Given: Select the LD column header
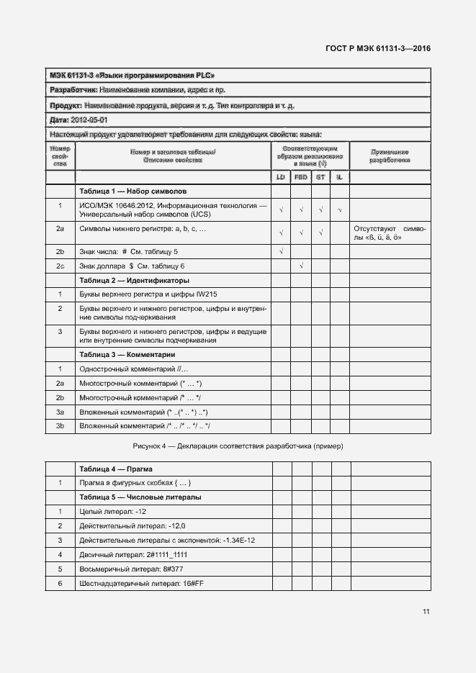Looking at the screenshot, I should (x=281, y=176).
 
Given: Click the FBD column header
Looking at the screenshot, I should (x=301, y=176).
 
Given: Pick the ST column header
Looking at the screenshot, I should (x=320, y=176).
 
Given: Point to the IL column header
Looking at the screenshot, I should (x=339, y=176).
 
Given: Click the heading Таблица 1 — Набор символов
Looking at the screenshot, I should (x=133, y=192).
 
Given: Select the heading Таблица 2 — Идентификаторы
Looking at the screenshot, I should (x=135, y=280).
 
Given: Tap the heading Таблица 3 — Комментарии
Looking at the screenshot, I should (x=127, y=355).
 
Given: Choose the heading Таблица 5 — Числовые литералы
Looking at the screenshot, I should (x=140, y=497).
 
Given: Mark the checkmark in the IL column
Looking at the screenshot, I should (x=339, y=210).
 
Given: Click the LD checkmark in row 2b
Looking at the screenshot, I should (x=281, y=251).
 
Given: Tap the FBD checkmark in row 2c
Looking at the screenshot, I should (x=301, y=266).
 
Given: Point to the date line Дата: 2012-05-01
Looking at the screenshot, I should (x=78, y=119).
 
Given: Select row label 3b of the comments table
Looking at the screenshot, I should (x=60, y=426).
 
